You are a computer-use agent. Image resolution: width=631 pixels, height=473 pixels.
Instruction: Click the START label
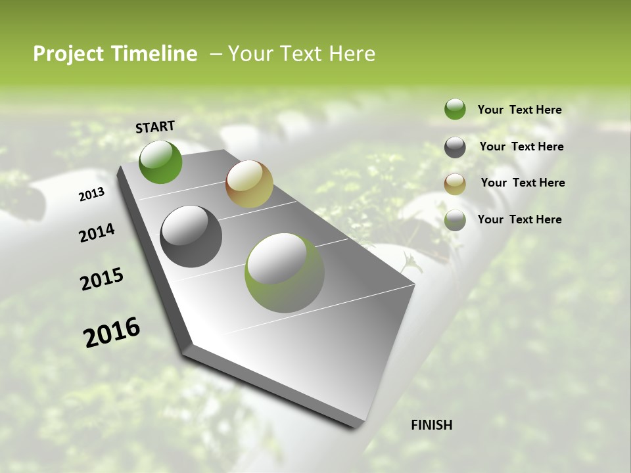(155, 126)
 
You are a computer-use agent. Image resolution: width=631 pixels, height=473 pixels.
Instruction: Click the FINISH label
(431, 425)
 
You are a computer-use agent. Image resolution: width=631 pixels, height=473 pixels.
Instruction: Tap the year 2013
(92, 194)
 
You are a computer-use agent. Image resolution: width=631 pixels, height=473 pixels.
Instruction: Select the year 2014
(97, 233)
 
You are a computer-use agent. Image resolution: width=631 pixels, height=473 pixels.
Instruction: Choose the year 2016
(112, 332)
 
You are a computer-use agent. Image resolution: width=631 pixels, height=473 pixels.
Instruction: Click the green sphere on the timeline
(160, 162)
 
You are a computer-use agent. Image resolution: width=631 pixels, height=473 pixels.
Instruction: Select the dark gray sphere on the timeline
(191, 236)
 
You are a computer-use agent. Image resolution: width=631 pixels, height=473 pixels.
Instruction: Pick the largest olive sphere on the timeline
(285, 273)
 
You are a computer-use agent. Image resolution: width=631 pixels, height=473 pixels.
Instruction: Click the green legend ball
(455, 109)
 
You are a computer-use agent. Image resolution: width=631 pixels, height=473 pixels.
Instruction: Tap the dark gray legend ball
(455, 147)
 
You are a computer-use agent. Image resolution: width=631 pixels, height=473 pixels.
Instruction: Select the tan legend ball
(455, 184)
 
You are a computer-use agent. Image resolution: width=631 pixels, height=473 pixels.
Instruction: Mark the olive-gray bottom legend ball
(455, 220)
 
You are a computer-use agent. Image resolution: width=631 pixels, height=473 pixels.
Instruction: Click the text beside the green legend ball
(519, 110)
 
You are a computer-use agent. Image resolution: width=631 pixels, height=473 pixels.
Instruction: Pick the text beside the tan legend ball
(523, 183)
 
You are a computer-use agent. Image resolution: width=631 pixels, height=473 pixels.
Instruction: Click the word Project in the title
(69, 54)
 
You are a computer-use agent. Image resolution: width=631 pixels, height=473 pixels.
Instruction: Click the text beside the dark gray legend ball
(521, 146)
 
